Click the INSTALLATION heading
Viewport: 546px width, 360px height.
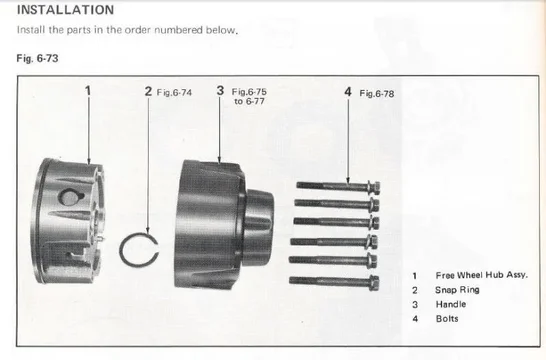click(x=65, y=10)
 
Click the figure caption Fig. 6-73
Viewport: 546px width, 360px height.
click(x=37, y=58)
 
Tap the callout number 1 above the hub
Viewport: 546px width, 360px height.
click(x=88, y=91)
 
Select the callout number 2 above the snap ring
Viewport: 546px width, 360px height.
click(x=149, y=92)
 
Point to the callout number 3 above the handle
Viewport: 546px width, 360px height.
click(x=220, y=91)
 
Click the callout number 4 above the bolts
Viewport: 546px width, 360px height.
click(x=348, y=92)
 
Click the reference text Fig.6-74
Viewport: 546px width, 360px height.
click(x=174, y=93)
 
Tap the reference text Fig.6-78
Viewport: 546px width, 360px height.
click(x=377, y=93)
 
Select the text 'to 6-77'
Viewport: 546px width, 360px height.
click(x=249, y=101)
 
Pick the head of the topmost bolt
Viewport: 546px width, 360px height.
click(x=374, y=188)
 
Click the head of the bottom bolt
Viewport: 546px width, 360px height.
click(x=373, y=283)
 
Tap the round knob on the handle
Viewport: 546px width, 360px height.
click(x=258, y=228)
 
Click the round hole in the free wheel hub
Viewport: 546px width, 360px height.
click(x=70, y=197)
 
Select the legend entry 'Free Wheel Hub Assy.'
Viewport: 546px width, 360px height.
click(x=482, y=275)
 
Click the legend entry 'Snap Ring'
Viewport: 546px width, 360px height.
click(x=457, y=290)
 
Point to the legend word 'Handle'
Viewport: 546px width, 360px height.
click(x=451, y=304)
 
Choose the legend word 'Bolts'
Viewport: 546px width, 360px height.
click(x=447, y=319)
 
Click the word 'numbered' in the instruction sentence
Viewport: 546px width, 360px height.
click(x=178, y=30)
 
